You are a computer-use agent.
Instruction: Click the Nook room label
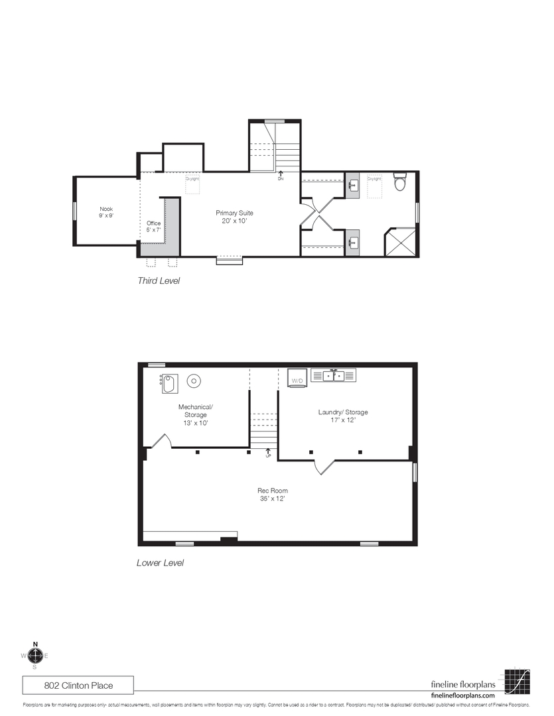pos(106,212)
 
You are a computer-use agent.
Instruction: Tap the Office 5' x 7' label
pos(153,227)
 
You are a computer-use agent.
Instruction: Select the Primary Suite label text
pos(234,217)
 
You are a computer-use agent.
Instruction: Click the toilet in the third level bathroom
pos(399,182)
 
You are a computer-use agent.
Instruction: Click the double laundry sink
pos(334,376)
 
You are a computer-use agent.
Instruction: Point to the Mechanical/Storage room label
pos(195,414)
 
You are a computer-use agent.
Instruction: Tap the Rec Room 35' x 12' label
pos(272,495)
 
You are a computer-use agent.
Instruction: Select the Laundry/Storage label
pos(342,416)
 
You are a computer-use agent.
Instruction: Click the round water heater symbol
pos(194,381)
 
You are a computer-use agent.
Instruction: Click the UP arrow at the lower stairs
pos(268,453)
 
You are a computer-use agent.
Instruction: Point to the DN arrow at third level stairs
pos(280,175)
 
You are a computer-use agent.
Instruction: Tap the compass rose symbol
pos(35,656)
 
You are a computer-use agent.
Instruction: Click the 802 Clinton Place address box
pos(78,684)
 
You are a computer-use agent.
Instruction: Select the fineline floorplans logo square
pos(518,681)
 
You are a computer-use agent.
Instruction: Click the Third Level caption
pos(159,280)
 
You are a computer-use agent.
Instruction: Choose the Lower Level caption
pos(160,563)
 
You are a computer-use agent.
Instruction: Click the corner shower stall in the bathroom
pos(401,242)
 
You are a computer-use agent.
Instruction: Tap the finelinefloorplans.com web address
pos(463,695)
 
